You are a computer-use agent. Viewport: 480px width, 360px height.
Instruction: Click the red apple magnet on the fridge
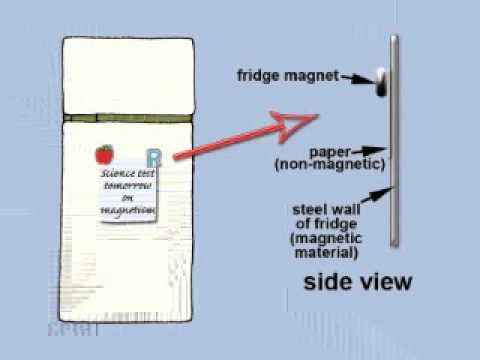(103, 154)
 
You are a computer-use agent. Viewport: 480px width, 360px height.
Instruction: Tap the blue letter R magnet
(153, 158)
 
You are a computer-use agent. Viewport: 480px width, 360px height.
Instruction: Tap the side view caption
(357, 281)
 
